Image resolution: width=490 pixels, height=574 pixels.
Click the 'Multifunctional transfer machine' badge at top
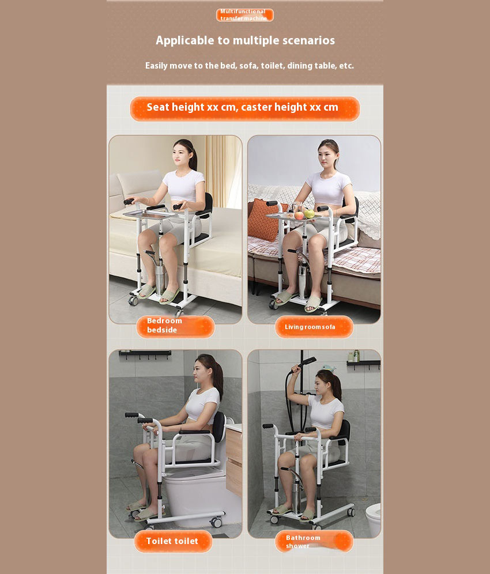click(244, 15)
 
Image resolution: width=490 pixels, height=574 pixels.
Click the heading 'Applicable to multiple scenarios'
click(245, 40)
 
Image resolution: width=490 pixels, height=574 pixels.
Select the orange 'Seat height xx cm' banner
click(244, 108)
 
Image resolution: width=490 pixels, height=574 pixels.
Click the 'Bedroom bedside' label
click(175, 326)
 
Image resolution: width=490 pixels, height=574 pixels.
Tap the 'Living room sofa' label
click(314, 327)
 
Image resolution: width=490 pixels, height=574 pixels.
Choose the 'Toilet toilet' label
click(173, 541)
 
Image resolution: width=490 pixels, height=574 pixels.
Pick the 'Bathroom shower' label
click(314, 542)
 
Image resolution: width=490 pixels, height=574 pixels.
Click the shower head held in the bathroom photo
click(308, 361)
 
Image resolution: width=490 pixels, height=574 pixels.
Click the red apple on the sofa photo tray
click(299, 215)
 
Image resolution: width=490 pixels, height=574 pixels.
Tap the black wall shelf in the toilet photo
click(145, 353)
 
